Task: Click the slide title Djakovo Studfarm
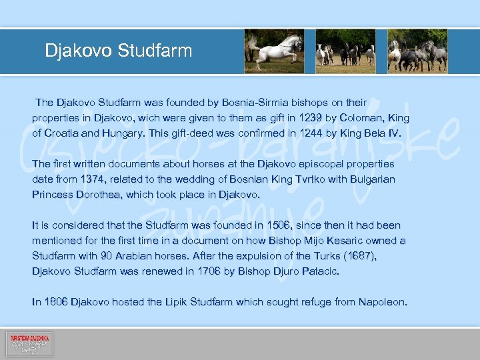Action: coord(118,51)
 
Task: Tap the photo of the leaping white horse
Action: coord(274,51)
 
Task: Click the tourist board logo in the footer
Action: coord(29,344)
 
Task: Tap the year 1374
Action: coord(92,179)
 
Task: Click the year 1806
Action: coord(55,302)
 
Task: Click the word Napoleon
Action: coord(381,302)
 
